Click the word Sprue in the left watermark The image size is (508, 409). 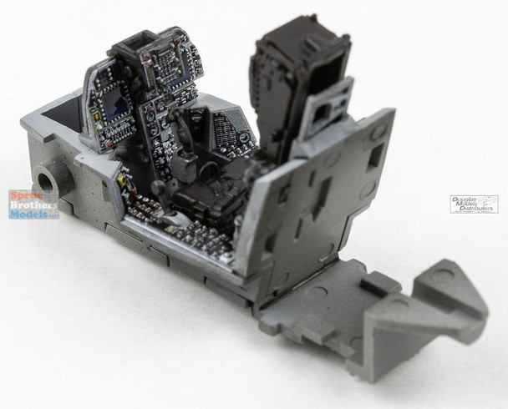[x=23, y=194]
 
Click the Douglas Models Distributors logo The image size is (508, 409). [x=474, y=204]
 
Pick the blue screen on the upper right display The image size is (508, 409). [x=175, y=81]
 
